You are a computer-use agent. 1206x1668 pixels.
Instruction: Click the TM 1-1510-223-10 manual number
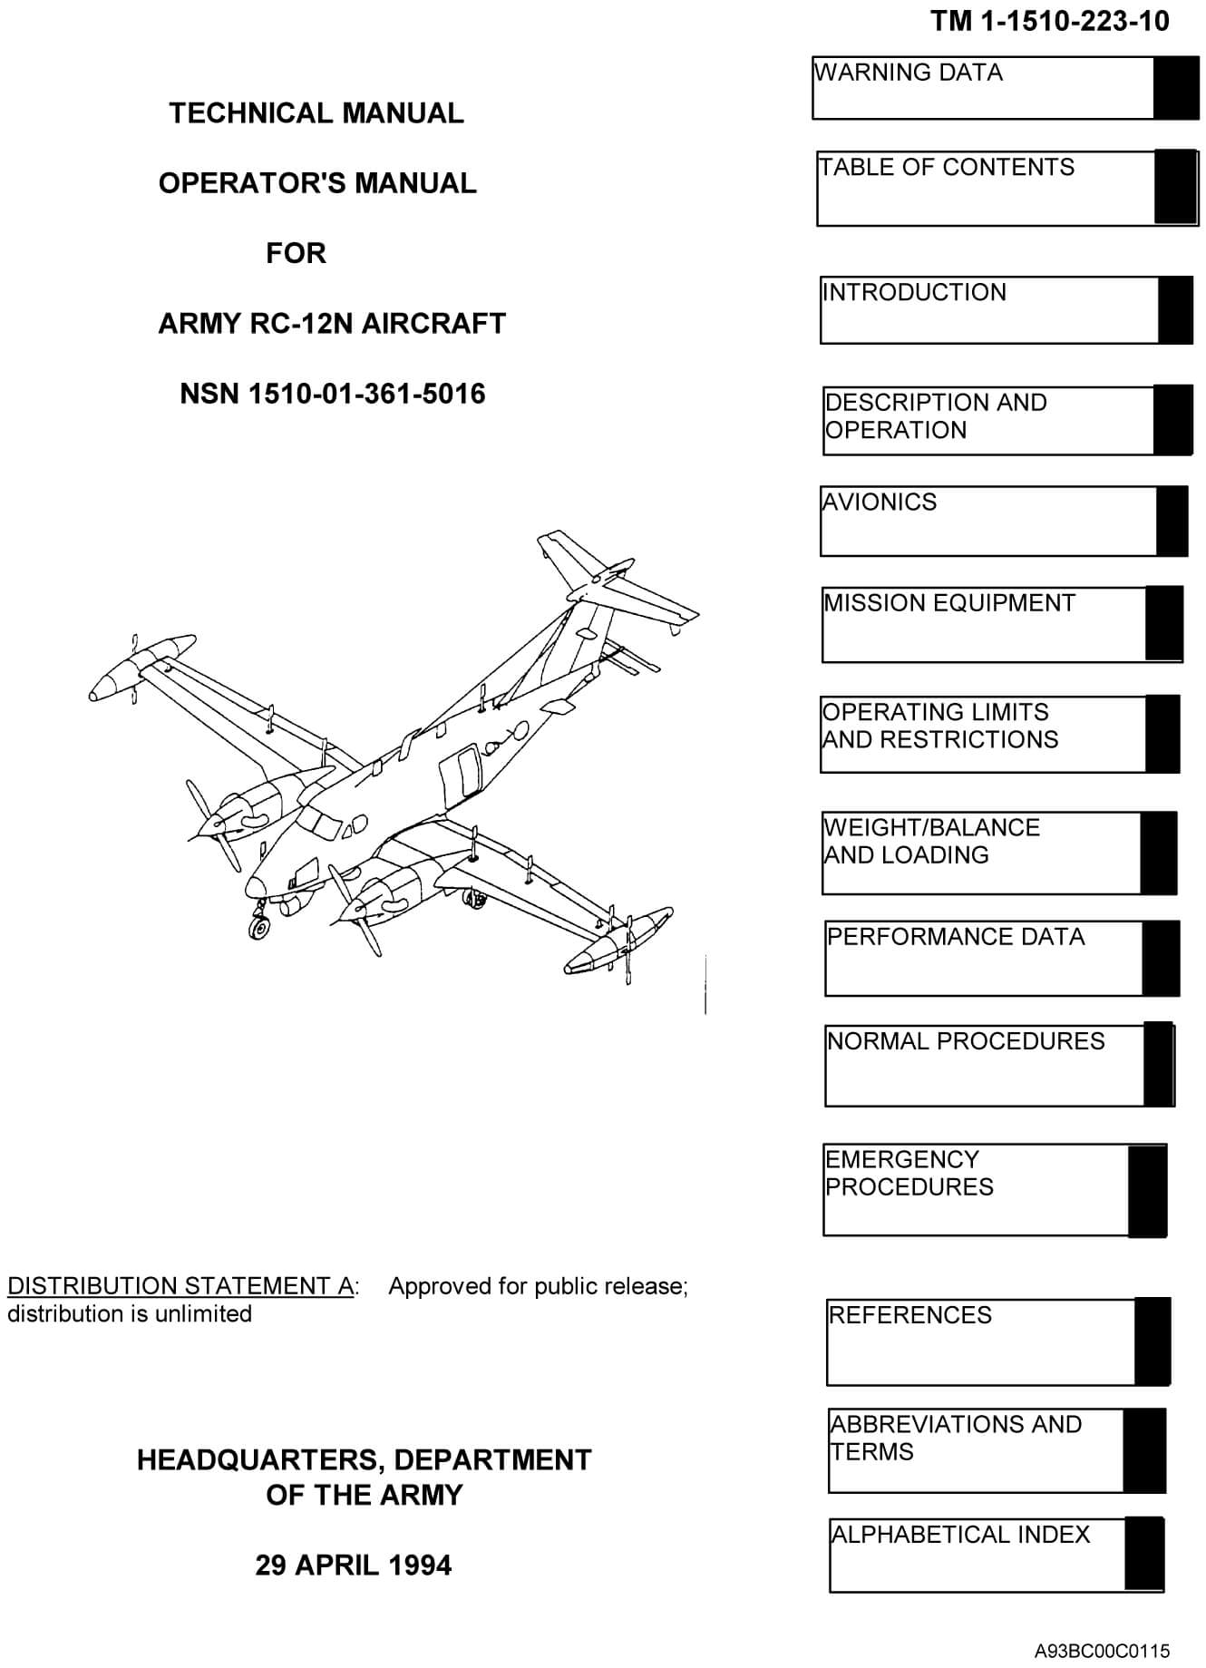(1049, 21)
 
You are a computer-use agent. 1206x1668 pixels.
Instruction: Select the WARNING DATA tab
(983, 88)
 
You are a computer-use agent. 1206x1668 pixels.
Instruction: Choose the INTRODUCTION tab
(988, 309)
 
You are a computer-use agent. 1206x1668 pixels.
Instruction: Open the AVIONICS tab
(988, 521)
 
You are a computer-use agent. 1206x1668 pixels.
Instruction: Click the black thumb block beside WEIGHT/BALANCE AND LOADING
(1158, 853)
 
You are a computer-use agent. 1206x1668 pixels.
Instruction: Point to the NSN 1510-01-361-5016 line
(333, 394)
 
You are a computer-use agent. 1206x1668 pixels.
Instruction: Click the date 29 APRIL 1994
(353, 1565)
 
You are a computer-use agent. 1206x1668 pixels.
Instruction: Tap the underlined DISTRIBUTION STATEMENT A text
(180, 1286)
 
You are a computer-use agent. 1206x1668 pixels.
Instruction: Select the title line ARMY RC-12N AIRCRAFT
(332, 323)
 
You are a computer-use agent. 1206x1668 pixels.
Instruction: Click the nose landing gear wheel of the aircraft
(259, 927)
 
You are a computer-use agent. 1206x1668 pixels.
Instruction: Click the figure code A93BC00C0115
(1101, 1651)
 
